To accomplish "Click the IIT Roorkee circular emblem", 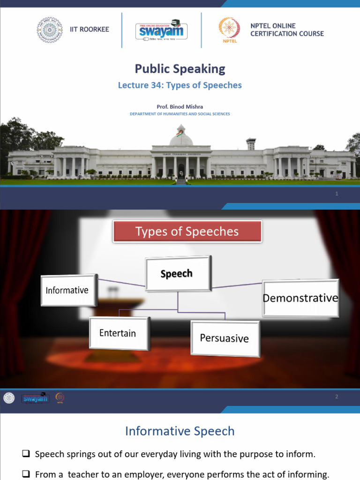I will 49,30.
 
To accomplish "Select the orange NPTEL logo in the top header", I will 229,30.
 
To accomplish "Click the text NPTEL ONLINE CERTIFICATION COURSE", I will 287,30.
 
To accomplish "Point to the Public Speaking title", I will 180,69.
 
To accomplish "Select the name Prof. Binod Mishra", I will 180,107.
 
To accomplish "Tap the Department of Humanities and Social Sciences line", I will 180,114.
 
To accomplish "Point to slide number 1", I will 337,194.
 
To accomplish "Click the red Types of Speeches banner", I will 187,232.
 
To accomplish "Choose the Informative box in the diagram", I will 67,290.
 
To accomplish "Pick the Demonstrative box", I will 300,298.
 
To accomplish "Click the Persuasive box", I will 225,338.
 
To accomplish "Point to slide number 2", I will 336,397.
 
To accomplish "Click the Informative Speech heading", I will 180,431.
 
